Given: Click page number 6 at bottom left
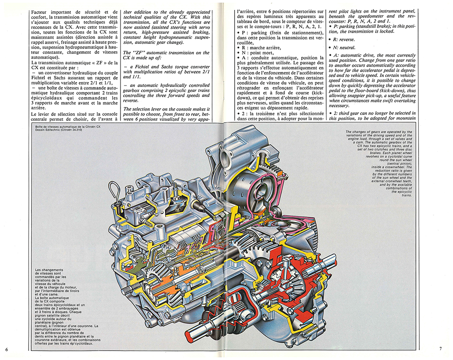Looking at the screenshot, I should (7, 349).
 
